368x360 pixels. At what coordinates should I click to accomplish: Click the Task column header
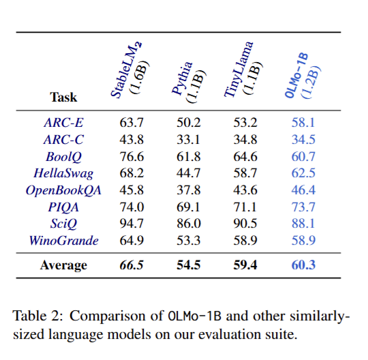pyautogui.click(x=63, y=97)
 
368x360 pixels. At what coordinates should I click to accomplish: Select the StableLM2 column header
pyautogui.click(x=129, y=70)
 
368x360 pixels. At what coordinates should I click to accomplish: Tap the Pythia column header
pyautogui.click(x=189, y=82)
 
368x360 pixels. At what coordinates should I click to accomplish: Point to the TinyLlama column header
pyautogui.click(x=243, y=70)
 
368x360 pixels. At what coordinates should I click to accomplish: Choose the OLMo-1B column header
pyautogui.click(x=302, y=76)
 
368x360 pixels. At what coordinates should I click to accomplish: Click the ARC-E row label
pyautogui.click(x=63, y=122)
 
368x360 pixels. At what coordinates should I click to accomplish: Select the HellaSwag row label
pyautogui.click(x=63, y=174)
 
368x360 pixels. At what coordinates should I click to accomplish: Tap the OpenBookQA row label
pyautogui.click(x=63, y=190)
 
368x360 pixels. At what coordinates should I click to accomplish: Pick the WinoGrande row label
pyautogui.click(x=63, y=241)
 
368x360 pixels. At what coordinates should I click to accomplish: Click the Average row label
pyautogui.click(x=63, y=266)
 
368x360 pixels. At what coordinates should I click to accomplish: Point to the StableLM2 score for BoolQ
pyautogui.click(x=132, y=156)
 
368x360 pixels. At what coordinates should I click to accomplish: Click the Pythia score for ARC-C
pyautogui.click(x=188, y=140)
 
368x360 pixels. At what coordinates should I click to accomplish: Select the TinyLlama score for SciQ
pyautogui.click(x=245, y=224)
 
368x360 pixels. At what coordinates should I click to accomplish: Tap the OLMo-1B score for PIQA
pyautogui.click(x=303, y=207)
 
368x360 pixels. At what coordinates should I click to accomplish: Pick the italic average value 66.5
pyautogui.click(x=132, y=265)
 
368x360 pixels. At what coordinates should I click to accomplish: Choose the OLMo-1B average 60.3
pyautogui.click(x=303, y=265)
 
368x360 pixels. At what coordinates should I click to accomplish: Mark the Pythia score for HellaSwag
pyautogui.click(x=189, y=173)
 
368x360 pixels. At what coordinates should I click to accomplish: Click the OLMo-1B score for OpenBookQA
pyautogui.click(x=303, y=190)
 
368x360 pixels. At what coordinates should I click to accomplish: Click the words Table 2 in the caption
pyautogui.click(x=37, y=316)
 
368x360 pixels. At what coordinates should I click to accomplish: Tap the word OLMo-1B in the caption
pyautogui.click(x=195, y=316)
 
